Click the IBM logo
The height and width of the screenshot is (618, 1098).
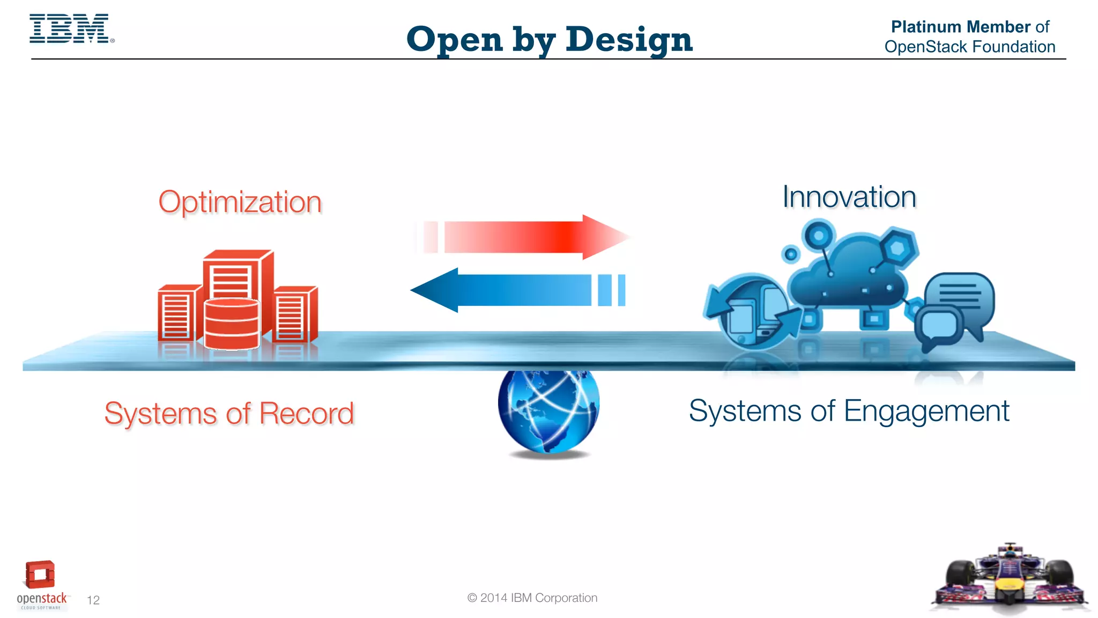click(70, 29)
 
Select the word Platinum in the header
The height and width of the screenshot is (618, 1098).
click(926, 27)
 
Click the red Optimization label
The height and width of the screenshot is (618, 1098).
click(240, 202)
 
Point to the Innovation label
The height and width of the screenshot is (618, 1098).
click(849, 197)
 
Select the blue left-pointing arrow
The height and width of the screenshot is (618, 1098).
click(515, 290)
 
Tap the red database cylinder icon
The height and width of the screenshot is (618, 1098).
click(232, 323)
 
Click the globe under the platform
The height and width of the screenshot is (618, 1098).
click(548, 410)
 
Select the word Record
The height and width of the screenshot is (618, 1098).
click(307, 414)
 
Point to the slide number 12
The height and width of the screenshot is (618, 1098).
click(93, 600)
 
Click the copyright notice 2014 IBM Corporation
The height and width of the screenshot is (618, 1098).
click(532, 598)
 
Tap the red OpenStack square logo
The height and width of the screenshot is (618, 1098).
click(40, 575)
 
